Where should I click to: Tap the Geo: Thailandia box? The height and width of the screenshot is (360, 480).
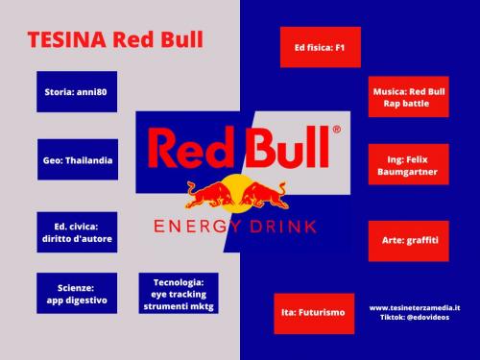coord(78,159)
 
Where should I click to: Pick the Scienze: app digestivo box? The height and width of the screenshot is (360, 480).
coord(77,293)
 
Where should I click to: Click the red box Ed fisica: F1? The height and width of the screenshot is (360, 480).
coord(312,45)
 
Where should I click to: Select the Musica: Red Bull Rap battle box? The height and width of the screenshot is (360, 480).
coord(408,98)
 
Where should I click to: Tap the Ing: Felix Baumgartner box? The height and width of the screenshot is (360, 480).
coord(408,165)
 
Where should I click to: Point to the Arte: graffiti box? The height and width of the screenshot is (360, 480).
coord(408,239)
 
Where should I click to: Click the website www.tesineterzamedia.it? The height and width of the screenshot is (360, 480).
coord(415,308)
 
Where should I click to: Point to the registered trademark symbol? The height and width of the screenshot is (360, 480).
coord(336,129)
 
